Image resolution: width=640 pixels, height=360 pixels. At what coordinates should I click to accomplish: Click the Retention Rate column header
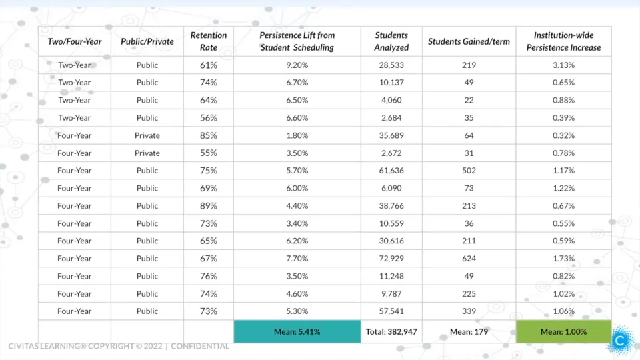pos(209,41)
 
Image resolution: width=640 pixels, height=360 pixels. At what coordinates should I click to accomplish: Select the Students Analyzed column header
pos(391,41)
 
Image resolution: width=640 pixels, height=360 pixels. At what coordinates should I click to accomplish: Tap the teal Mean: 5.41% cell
pos(297,331)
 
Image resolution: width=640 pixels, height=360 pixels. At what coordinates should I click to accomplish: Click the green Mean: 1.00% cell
pos(563,331)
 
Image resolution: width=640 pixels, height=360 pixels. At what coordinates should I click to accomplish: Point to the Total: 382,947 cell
pos(391,331)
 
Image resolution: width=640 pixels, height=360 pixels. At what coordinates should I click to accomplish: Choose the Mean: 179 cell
pos(469,331)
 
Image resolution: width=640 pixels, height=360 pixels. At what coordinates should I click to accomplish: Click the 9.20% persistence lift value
pos(297,65)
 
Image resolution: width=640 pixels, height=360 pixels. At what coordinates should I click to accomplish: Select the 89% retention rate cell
pos(209,206)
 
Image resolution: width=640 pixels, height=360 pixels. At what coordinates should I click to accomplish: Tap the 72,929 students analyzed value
pos(391,259)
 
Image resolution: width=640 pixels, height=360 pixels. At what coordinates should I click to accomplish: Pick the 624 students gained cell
pos(469,259)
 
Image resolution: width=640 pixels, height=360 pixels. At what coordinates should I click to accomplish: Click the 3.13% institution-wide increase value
pos(563,65)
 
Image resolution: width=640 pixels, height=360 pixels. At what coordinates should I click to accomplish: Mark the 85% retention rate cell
pos(209,135)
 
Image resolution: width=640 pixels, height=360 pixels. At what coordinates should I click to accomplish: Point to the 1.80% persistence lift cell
pos(297,135)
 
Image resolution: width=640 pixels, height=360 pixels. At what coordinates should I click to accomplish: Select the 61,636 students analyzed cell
pos(391,171)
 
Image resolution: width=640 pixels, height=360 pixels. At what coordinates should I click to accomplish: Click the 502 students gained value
pos(469,171)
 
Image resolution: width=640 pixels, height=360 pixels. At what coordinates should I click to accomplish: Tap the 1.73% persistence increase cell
pos(563,259)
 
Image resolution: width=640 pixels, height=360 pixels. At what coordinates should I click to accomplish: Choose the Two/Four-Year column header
pos(75,41)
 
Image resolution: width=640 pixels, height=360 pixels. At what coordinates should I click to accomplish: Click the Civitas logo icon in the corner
pos(621,340)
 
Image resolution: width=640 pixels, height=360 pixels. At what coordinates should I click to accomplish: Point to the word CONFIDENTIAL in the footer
pos(200,347)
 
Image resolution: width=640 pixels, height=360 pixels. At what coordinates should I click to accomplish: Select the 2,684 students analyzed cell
pos(391,118)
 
